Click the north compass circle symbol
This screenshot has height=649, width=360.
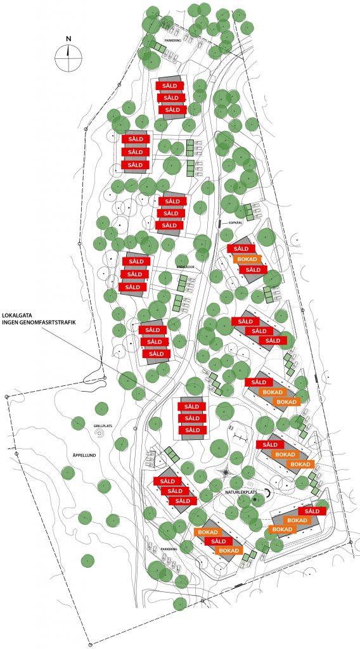pos(68,58)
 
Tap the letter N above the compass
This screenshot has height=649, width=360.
pos(68,38)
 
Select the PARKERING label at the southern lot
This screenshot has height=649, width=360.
pos(168,549)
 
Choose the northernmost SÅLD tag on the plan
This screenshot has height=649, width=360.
pos(170,86)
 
